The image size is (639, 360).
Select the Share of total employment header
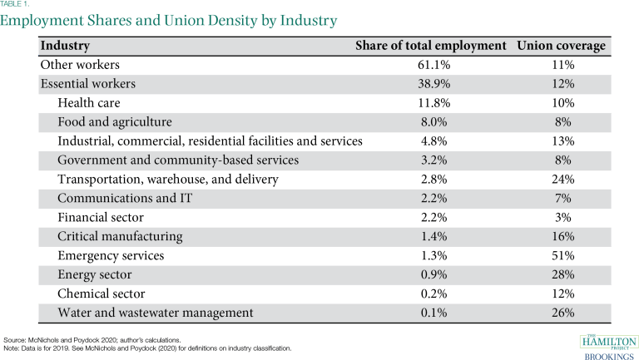(431, 46)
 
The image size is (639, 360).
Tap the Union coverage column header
(561, 46)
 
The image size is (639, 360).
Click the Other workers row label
(81, 64)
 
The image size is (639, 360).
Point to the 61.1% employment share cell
(432, 64)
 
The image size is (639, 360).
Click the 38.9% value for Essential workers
(432, 83)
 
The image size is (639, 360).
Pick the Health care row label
(89, 103)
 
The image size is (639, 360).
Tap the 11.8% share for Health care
(432, 103)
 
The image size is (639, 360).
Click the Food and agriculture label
(115, 121)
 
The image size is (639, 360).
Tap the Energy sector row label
(96, 274)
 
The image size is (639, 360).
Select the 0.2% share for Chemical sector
(432, 293)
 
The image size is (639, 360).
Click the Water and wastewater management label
(156, 313)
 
